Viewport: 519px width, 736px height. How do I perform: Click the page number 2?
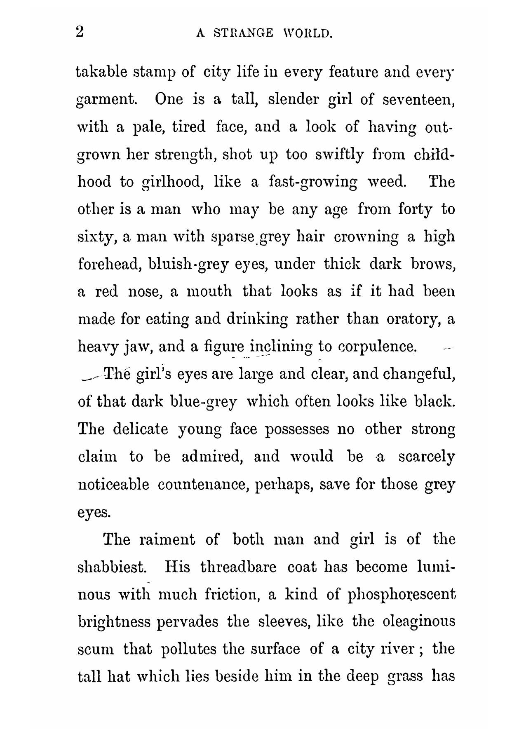point(80,31)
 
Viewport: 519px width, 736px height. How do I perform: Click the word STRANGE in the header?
point(244,33)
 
